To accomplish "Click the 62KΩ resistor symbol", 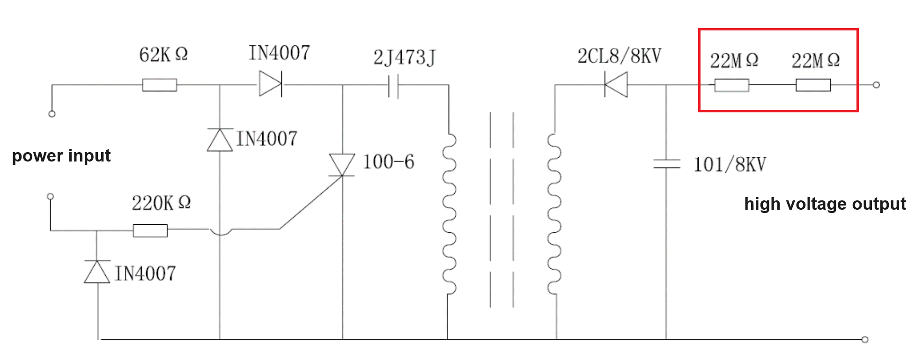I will [x=159, y=85].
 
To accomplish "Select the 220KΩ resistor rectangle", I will [x=150, y=230].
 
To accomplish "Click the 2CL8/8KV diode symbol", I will [x=616, y=85].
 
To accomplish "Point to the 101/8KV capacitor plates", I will [x=666, y=164].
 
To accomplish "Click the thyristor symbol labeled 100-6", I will [x=342, y=165].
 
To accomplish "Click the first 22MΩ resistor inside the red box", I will [x=731, y=85].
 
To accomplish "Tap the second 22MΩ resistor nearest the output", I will [x=813, y=85].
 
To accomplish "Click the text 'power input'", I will [x=61, y=156].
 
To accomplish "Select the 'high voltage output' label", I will [x=825, y=204].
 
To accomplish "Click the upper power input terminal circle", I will [x=52, y=114].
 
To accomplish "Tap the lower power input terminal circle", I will [x=51, y=196].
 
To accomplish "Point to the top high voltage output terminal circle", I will [x=876, y=85].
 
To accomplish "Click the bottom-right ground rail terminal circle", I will [x=865, y=339].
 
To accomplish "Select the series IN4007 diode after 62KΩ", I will [x=271, y=84].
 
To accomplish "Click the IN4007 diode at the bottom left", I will [x=97, y=272].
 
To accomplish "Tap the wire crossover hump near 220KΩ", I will [x=220, y=232].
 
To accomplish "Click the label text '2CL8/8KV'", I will [x=619, y=56].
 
